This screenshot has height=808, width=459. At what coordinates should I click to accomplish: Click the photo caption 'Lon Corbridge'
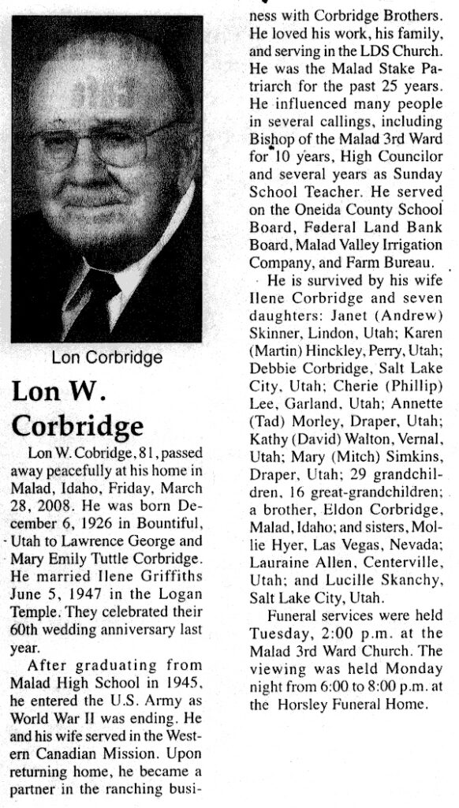[106, 357]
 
